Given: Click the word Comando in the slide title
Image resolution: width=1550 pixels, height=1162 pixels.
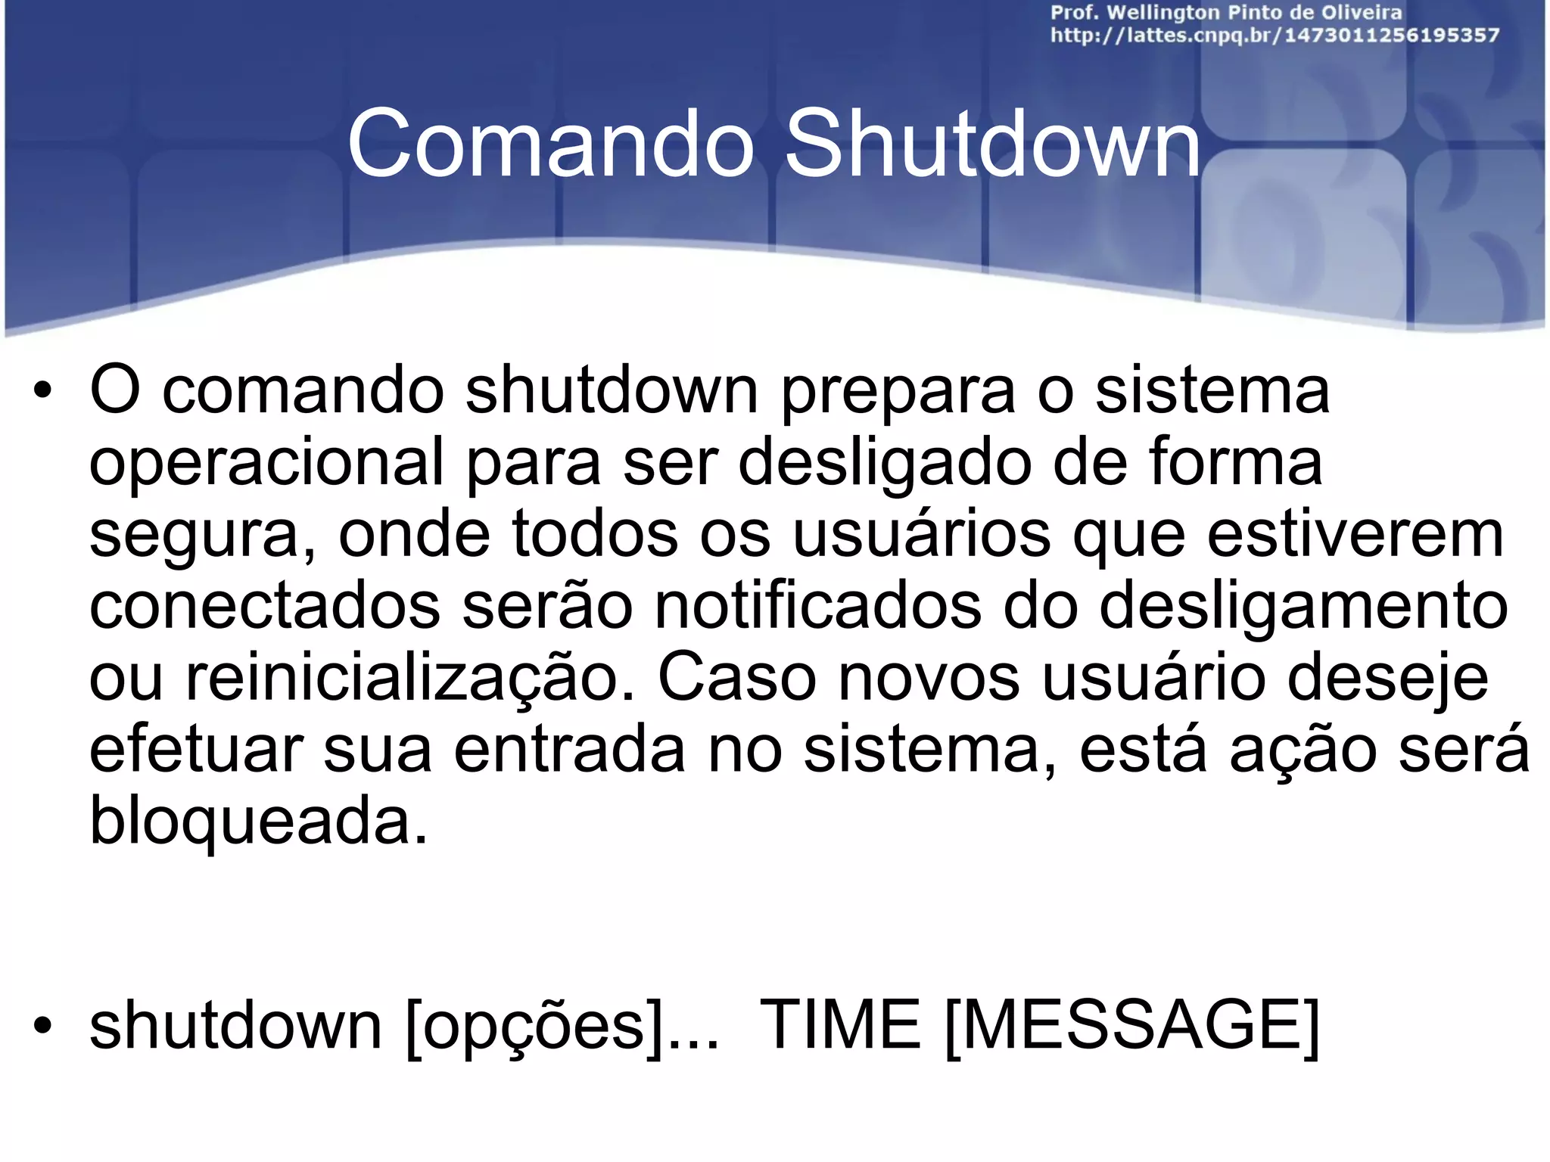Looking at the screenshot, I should pyautogui.click(x=551, y=144).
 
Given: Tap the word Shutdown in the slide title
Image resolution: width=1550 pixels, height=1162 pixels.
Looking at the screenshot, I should pyautogui.click(x=992, y=144).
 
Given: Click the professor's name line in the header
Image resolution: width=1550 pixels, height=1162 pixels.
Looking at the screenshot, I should pyautogui.click(x=1226, y=13).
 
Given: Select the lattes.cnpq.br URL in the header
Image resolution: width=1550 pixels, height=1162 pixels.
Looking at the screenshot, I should pyautogui.click(x=1275, y=36).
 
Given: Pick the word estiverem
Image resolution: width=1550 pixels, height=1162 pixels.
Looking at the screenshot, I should pyautogui.click(x=1355, y=534).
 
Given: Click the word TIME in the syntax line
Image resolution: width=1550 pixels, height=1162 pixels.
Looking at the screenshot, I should pyautogui.click(x=840, y=1026).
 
